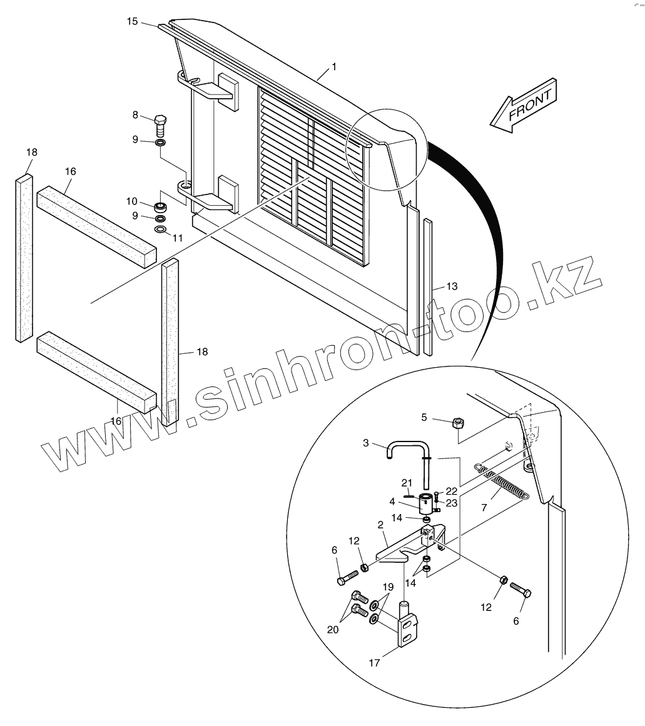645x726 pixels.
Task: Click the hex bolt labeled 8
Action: point(161,126)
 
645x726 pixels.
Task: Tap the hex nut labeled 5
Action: point(457,423)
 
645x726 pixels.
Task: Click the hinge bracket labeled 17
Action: point(407,625)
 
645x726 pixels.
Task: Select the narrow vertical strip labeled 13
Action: point(427,288)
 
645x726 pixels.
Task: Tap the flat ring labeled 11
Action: point(160,231)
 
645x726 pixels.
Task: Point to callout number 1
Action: point(334,66)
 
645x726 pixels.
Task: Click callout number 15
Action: point(132,21)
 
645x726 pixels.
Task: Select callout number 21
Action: point(407,483)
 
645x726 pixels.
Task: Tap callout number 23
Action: point(452,503)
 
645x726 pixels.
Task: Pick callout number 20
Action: point(333,629)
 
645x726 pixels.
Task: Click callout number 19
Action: point(388,587)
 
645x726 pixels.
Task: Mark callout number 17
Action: point(374,663)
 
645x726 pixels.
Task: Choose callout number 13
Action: point(452,286)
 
